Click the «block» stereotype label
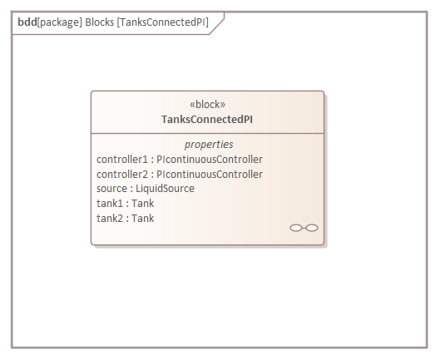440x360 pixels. point(207,105)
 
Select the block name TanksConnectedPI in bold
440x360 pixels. point(207,120)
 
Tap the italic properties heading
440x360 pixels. point(209,145)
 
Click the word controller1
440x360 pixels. point(122,160)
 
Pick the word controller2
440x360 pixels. point(122,175)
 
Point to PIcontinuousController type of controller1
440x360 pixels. point(210,160)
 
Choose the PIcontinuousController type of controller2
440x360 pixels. point(210,175)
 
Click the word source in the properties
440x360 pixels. point(111,189)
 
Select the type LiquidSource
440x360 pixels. point(165,189)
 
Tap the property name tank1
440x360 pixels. point(110,204)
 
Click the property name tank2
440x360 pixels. point(110,219)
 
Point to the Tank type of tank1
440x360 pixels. point(143,204)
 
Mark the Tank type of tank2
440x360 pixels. point(143,219)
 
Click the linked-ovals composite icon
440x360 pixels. point(304,228)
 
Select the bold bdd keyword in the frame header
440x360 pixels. point(27,22)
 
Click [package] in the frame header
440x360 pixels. point(60,22)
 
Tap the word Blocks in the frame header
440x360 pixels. point(99,22)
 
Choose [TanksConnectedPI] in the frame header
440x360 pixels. point(163,22)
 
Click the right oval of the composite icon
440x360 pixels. point(312,228)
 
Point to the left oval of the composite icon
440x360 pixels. point(296,228)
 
